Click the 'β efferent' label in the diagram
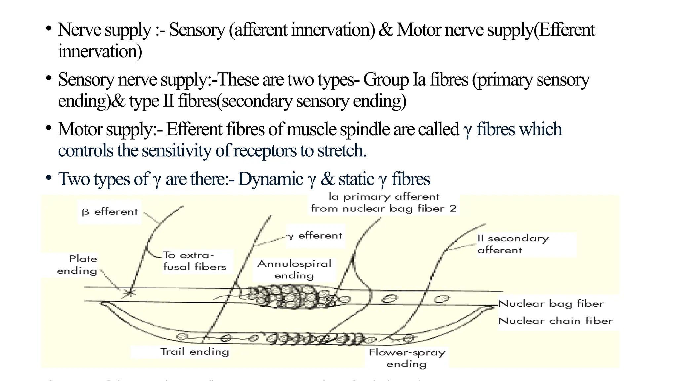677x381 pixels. coord(109,212)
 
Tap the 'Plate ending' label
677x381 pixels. coord(77,265)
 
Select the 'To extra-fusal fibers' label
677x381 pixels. coord(195,261)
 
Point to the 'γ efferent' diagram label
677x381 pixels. coord(314,236)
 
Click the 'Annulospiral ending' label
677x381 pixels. coord(294,270)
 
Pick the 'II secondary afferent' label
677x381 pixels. coord(513,244)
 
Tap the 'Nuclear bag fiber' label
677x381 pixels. coord(551,304)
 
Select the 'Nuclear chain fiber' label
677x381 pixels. coord(555,321)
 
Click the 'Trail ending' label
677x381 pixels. coord(195,351)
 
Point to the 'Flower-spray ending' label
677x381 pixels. coord(407,358)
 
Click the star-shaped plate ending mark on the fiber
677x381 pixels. coord(130,292)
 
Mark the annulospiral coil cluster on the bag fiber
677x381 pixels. coord(291,297)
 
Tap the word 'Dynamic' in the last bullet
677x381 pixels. coord(271,179)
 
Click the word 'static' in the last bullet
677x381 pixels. coord(356,179)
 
